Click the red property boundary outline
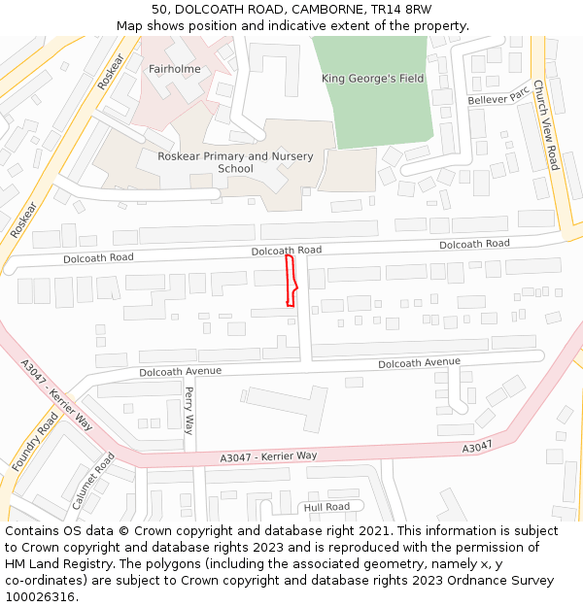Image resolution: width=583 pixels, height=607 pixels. pos(291,282)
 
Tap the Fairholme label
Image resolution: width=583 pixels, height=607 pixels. pos(175,69)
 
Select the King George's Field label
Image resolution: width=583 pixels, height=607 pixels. pos(373,79)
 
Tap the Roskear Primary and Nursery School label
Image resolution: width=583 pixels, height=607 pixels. pos(235,162)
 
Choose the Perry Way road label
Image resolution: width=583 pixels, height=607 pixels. pos(189,411)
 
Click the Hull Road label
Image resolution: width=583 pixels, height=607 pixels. pos(326,507)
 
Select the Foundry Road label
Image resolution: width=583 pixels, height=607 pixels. pos(35,442)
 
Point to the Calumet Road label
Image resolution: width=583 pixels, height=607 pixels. pos(93,481)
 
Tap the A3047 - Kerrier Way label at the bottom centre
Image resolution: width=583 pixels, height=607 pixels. pos(268,456)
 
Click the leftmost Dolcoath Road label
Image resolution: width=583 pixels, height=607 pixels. pos(98,258)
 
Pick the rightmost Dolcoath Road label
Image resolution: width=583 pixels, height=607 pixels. pos(474,244)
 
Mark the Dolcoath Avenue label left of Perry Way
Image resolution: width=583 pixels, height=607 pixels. pos(180,371)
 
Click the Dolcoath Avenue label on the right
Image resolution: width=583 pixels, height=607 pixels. pos(419,363)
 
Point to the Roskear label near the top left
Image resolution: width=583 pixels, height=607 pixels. pos(112,72)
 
